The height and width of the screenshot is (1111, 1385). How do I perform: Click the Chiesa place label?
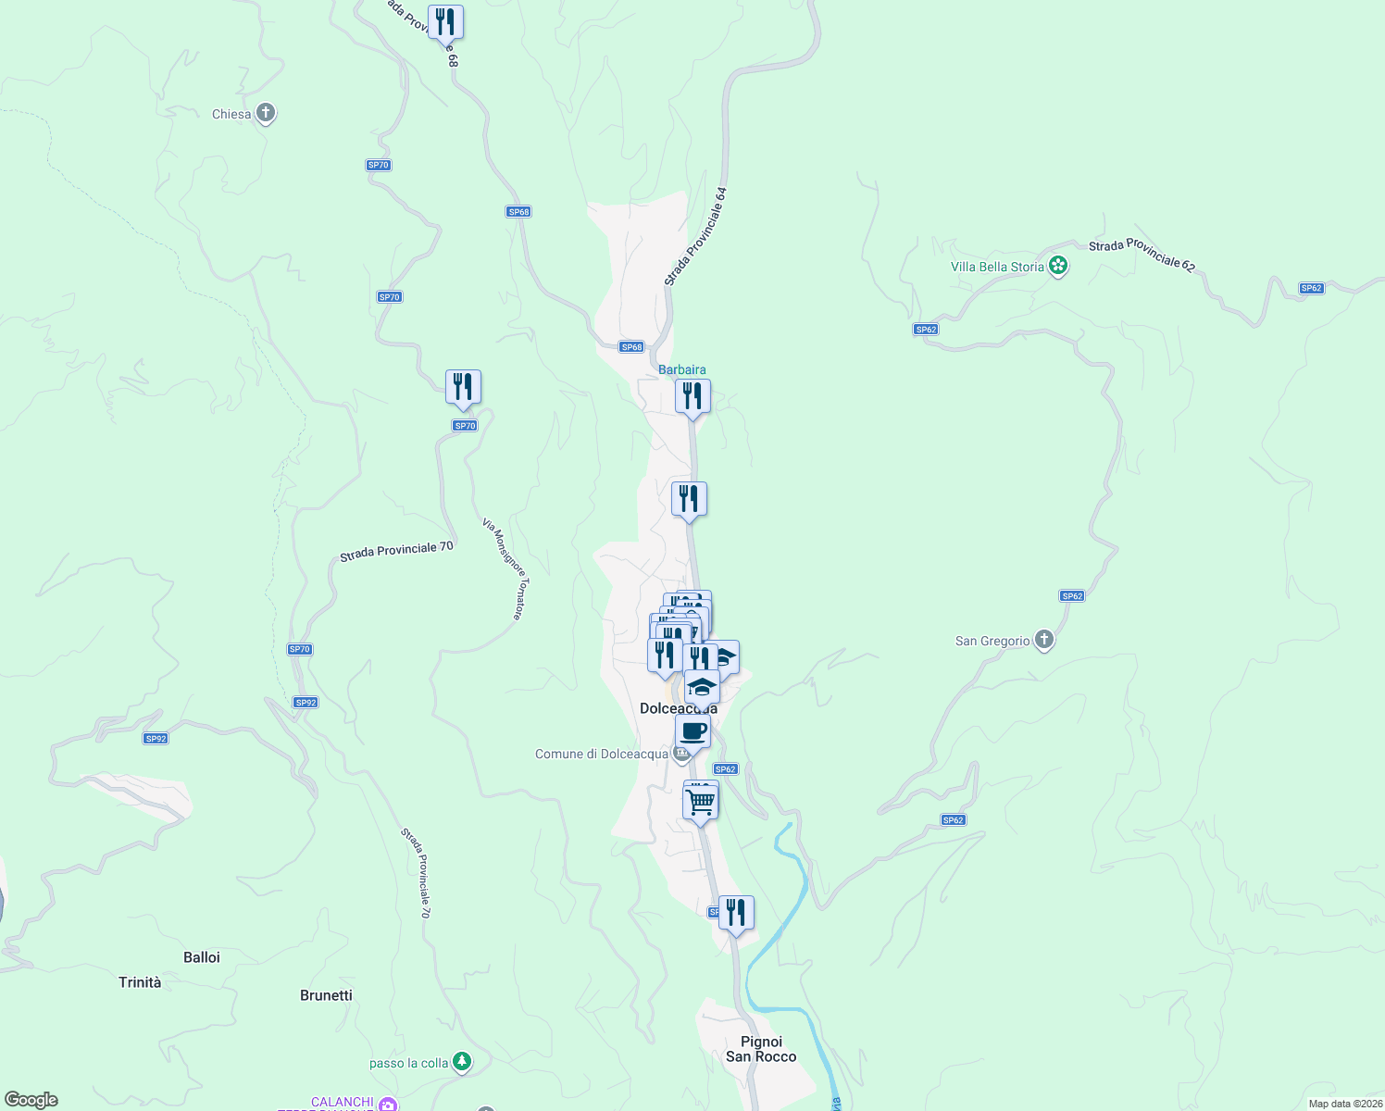[x=231, y=115]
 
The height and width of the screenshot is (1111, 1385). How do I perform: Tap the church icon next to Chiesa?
[x=266, y=114]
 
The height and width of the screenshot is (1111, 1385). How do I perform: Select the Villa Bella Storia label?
[x=997, y=267]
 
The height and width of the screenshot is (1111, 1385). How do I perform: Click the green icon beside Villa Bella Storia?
[x=1058, y=267]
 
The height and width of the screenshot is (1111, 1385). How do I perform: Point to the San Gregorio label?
[x=992, y=641]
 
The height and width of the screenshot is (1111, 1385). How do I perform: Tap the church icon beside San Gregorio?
[x=1043, y=640]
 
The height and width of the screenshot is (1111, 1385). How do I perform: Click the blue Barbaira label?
[x=681, y=369]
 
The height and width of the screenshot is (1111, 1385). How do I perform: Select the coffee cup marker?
[x=692, y=731]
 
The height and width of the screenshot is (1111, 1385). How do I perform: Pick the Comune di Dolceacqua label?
[x=602, y=754]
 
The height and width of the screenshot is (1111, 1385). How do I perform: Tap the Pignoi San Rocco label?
[x=761, y=1049]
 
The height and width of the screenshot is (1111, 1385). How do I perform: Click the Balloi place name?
[x=202, y=957]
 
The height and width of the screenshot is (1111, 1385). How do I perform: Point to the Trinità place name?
[x=140, y=982]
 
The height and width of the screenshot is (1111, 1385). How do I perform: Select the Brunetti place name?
[x=326, y=995]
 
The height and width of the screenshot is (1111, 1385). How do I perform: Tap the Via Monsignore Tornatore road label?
[x=505, y=568]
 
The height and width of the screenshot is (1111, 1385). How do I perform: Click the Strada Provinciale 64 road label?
[x=696, y=237]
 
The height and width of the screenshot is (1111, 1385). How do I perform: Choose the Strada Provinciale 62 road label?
[x=1142, y=256]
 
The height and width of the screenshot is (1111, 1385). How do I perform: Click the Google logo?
[x=31, y=1100]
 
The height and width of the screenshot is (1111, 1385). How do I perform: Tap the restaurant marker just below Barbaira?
[x=692, y=396]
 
